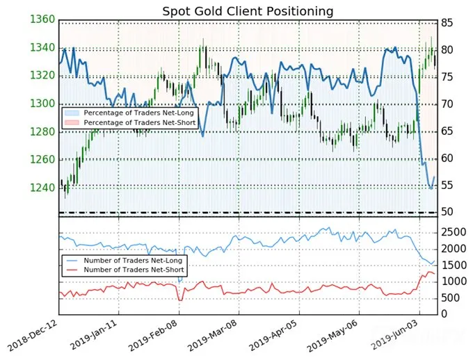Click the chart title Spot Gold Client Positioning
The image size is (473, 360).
pyautogui.click(x=248, y=11)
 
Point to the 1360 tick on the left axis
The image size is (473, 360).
pyautogui.click(x=42, y=19)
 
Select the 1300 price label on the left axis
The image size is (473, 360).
pyautogui.click(x=42, y=104)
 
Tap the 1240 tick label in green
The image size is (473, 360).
pyautogui.click(x=42, y=188)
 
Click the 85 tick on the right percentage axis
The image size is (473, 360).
pyautogui.click(x=447, y=23)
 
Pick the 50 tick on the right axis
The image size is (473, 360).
pyautogui.click(x=447, y=212)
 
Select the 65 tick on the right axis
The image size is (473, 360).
pyautogui.click(x=447, y=131)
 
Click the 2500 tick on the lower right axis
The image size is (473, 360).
pyautogui.click(x=454, y=232)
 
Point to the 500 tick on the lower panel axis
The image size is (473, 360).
pyautogui.click(x=450, y=298)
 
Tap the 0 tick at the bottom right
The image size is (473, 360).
pyautogui.click(x=444, y=314)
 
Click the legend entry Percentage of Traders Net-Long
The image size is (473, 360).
pyautogui.click(x=138, y=113)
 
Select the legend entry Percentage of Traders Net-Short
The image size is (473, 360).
pyautogui.click(x=140, y=123)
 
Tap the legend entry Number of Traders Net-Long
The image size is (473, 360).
pyautogui.click(x=133, y=261)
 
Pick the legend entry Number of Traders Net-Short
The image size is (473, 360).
pyautogui.click(x=134, y=270)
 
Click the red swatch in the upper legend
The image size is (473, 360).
pyautogui.click(x=72, y=122)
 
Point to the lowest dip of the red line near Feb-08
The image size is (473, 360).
pyautogui.click(x=180, y=300)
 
